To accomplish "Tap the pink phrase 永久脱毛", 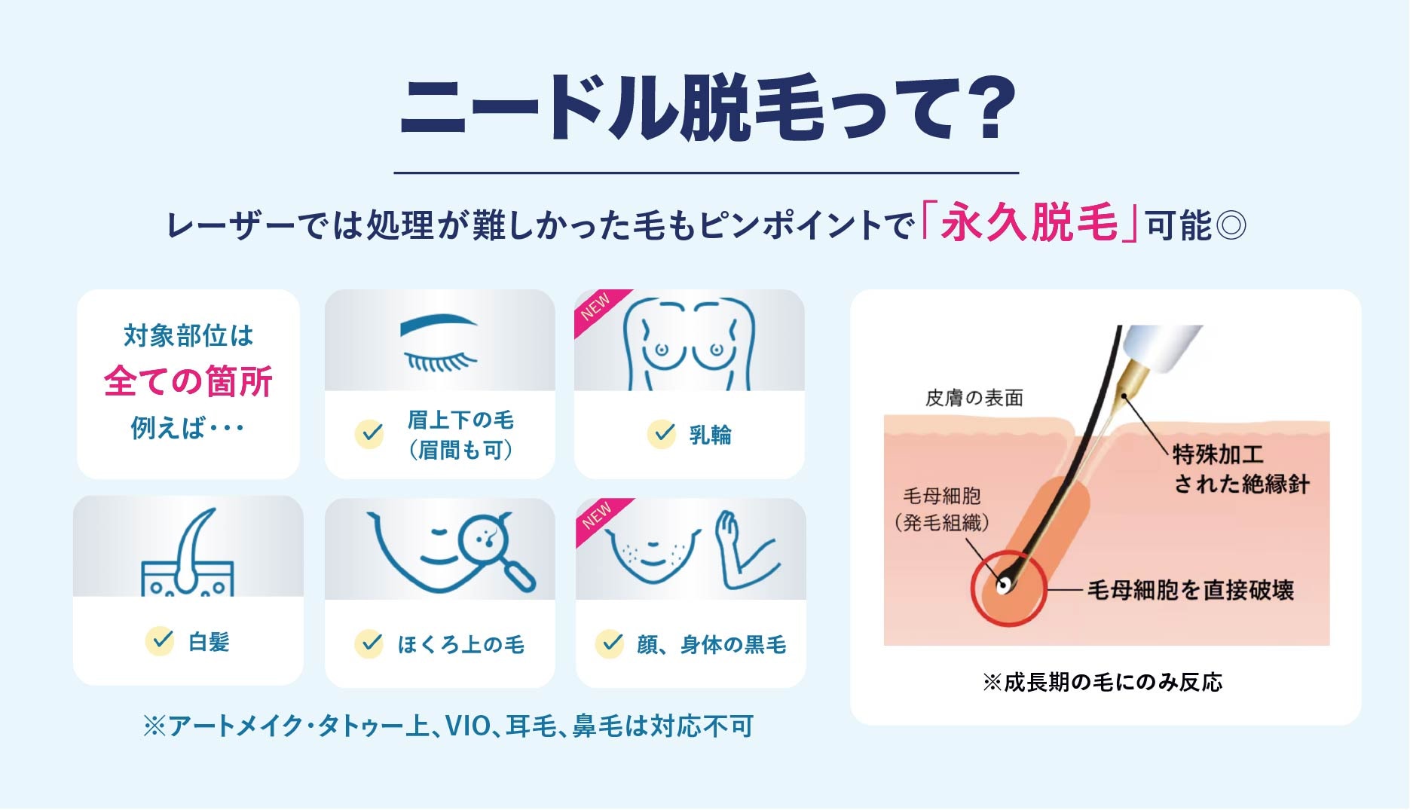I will [x=1029, y=223].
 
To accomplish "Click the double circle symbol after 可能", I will [x=1231, y=225].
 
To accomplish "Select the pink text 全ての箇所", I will [x=188, y=381].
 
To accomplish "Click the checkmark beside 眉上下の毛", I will [x=369, y=434].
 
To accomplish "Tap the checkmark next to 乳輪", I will [x=662, y=434].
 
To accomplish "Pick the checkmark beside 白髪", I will [x=160, y=640].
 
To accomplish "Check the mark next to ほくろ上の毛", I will [x=369, y=643].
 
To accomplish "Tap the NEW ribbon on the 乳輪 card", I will [x=598, y=308].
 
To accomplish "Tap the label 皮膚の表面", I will [x=974, y=398].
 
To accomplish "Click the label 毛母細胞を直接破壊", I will [x=1190, y=590].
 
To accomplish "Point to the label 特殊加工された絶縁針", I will [x=1240, y=469].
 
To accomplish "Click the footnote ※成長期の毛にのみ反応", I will [x=1103, y=683].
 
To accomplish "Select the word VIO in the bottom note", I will [x=467, y=726].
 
